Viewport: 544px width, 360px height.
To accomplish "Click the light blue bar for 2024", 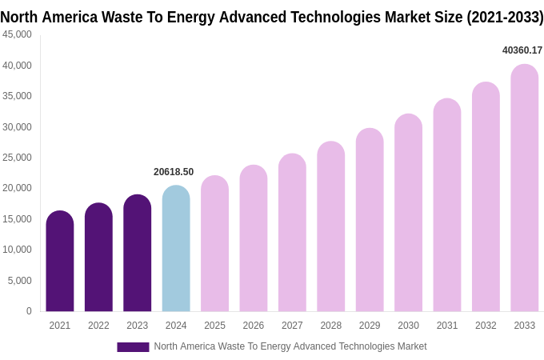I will point(176,249).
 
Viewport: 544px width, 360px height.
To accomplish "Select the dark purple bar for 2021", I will point(60,262).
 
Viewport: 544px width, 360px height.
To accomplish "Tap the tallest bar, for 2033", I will point(524,188).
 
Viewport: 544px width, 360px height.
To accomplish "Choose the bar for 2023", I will point(138,254).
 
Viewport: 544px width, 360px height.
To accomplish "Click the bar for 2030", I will point(408,213).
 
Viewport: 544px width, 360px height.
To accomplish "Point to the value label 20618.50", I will point(174,172).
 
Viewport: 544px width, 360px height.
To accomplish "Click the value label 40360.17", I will point(522,50).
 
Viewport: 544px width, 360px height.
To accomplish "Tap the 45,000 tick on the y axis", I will point(17,34).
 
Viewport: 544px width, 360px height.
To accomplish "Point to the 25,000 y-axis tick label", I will point(17,158).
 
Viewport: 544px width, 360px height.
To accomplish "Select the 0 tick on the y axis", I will point(29,311).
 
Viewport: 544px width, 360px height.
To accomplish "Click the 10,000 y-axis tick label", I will point(17,250).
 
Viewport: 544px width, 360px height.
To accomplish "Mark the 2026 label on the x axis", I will point(254,326).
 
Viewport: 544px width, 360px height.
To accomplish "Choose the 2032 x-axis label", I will point(486,326).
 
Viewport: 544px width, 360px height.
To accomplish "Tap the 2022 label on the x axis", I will point(98,326).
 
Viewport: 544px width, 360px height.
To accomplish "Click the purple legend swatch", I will point(133,346).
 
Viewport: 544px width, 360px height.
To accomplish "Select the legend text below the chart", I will point(290,346).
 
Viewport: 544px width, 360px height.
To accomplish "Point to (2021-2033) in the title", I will point(505,17).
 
